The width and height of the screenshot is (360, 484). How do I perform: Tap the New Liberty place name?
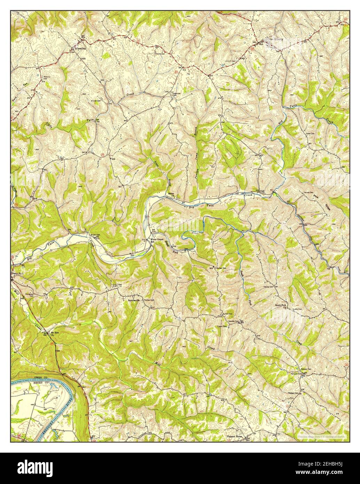276,39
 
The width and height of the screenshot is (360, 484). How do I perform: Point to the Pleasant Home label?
234,437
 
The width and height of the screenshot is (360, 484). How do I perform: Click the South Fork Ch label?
280,306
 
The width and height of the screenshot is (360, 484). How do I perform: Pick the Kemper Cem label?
305,368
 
